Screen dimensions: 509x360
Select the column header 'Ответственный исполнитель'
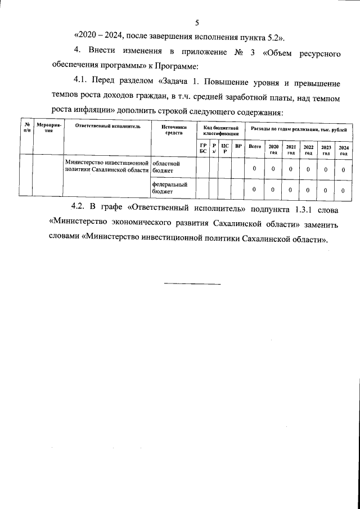(107, 127)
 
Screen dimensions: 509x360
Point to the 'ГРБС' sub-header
(203, 148)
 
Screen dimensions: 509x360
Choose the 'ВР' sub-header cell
(238, 146)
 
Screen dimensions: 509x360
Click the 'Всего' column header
(255, 146)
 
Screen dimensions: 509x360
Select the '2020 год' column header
(273, 149)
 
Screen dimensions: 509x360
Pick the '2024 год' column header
(343, 150)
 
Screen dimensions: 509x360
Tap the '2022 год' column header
(308, 149)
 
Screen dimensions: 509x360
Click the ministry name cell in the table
(107, 166)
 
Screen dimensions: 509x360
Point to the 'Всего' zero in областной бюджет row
(255, 169)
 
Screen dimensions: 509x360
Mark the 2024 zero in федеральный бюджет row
(343, 190)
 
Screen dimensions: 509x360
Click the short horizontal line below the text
(192, 282)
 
